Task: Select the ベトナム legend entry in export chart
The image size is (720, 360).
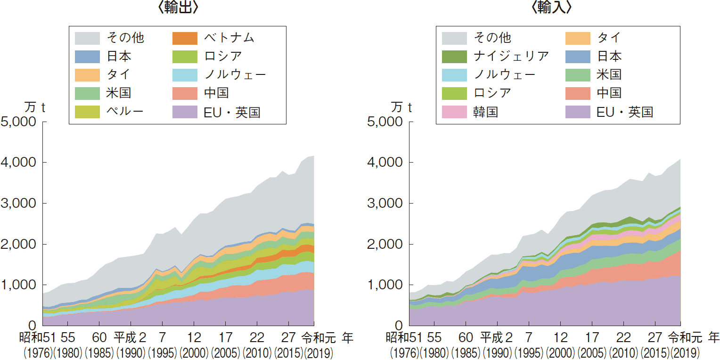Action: [x=229, y=38]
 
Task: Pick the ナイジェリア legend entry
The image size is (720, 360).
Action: [x=511, y=56]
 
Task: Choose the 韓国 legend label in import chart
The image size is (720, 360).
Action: [x=485, y=112]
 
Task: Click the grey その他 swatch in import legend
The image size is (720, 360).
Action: [x=454, y=38]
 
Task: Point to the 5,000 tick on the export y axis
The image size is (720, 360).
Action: [x=20, y=122]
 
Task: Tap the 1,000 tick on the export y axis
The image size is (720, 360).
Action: [x=20, y=285]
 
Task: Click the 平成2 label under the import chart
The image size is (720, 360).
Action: [x=496, y=338]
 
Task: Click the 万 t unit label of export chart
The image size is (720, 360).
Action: [x=34, y=107]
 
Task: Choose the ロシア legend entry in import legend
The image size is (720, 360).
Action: [x=492, y=93]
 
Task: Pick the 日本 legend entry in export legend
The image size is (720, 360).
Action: [x=119, y=56]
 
